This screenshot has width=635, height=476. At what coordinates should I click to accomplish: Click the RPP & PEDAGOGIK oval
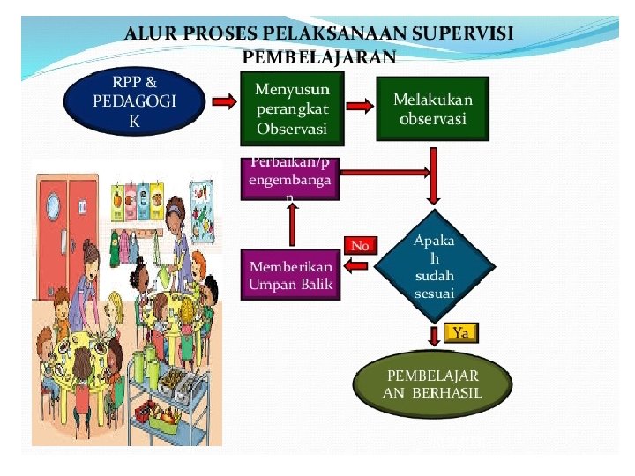click(x=134, y=100)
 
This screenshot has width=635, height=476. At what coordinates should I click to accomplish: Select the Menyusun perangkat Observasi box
click(x=292, y=108)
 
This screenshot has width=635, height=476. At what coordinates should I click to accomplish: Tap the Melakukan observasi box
click(x=432, y=108)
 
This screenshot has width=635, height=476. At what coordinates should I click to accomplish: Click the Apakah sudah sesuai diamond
click(x=434, y=267)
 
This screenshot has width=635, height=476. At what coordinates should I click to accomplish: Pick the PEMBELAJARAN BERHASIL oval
click(x=432, y=384)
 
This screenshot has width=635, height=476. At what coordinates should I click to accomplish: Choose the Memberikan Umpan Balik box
click(x=290, y=274)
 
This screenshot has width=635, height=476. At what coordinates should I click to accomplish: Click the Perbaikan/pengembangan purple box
click(x=290, y=179)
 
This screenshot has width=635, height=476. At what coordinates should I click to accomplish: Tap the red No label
click(x=360, y=245)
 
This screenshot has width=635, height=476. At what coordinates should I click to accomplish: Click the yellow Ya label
click(x=462, y=332)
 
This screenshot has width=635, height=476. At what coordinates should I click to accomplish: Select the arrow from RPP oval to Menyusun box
click(x=224, y=102)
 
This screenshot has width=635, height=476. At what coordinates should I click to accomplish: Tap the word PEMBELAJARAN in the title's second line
click(x=317, y=57)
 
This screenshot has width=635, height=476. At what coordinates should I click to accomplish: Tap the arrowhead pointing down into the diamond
click(x=434, y=199)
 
